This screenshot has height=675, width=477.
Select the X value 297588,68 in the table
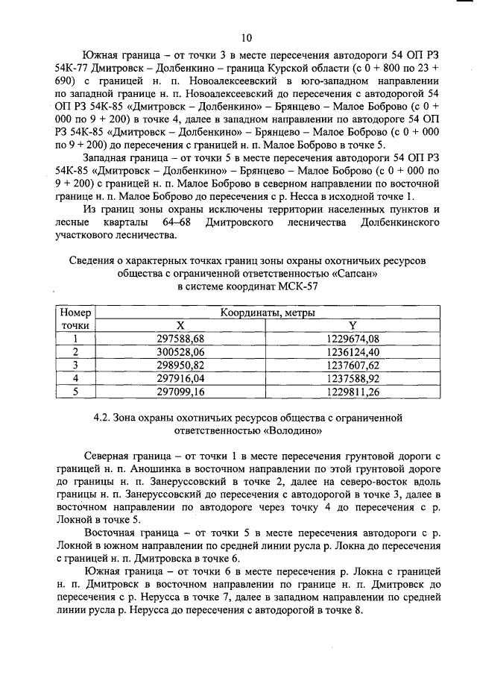180,338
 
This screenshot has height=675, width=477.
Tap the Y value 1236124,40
353,351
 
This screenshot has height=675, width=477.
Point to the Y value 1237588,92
353,378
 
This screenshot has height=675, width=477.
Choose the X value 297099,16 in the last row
180,392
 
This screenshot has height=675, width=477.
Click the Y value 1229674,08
353,338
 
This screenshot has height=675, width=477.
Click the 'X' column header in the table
180,325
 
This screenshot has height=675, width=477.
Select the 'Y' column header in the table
353,325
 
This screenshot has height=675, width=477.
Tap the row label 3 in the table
75,365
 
